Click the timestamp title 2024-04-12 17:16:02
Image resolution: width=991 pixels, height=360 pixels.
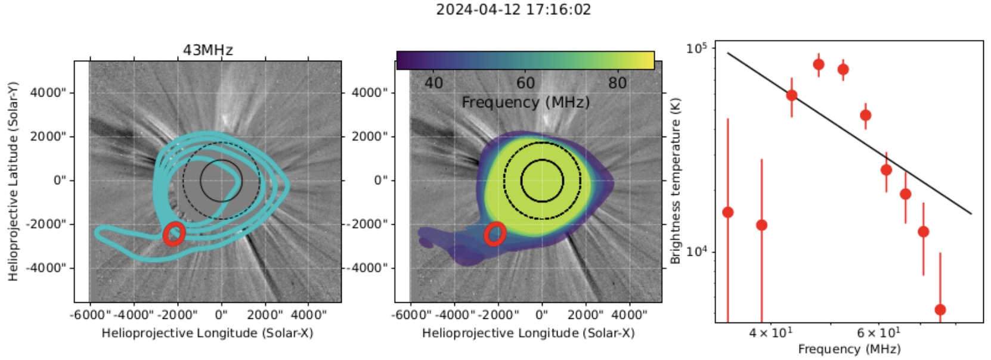pyautogui.click(x=513, y=10)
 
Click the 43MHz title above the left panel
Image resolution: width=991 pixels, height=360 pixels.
pyautogui.click(x=208, y=50)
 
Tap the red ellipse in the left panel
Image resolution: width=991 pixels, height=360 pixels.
pyautogui.click(x=174, y=234)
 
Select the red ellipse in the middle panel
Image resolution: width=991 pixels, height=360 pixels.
pyautogui.click(x=494, y=234)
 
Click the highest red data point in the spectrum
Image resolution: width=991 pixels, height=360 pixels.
pyautogui.click(x=819, y=64)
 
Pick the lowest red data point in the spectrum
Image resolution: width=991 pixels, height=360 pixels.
pyautogui.click(x=940, y=309)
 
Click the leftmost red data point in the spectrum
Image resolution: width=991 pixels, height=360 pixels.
pyautogui.click(x=727, y=212)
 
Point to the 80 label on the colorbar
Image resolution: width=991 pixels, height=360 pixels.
pyautogui.click(x=617, y=83)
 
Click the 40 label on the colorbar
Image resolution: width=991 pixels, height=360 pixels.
pyautogui.click(x=433, y=83)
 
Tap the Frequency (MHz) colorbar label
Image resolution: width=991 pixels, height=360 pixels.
pyautogui.click(x=525, y=103)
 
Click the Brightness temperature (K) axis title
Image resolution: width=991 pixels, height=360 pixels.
pyautogui.click(x=676, y=181)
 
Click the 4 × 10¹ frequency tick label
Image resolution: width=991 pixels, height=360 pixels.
pyautogui.click(x=770, y=333)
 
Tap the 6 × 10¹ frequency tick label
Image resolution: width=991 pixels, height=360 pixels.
pyautogui.click(x=878, y=333)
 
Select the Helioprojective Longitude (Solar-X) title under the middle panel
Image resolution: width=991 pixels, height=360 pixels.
pyautogui.click(x=528, y=333)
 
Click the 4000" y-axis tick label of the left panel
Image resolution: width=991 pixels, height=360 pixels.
pyautogui.click(x=48, y=92)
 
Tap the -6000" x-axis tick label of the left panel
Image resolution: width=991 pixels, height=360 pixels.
pyautogui.click(x=90, y=314)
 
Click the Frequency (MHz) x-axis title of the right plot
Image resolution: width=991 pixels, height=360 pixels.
pyautogui.click(x=849, y=349)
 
